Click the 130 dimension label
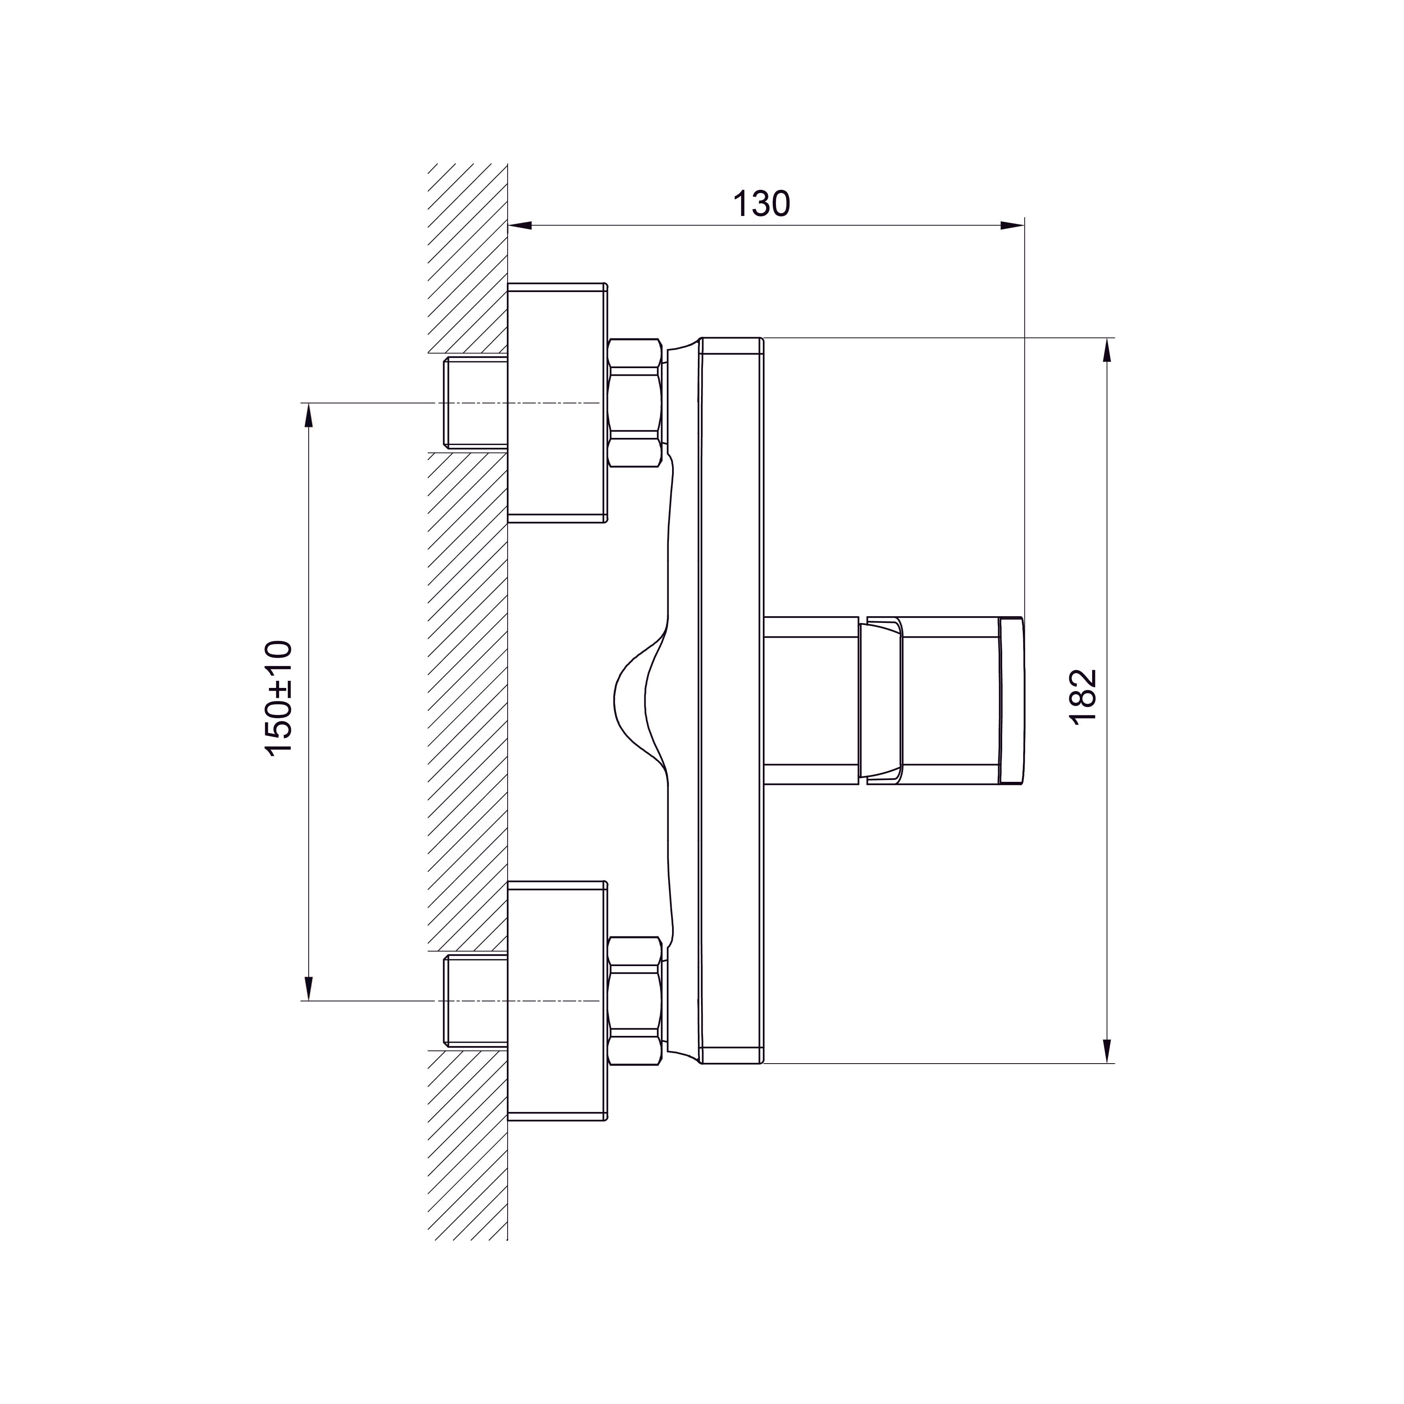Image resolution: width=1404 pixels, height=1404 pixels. (x=761, y=204)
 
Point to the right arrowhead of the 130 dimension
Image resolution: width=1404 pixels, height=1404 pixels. (x=1012, y=225)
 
